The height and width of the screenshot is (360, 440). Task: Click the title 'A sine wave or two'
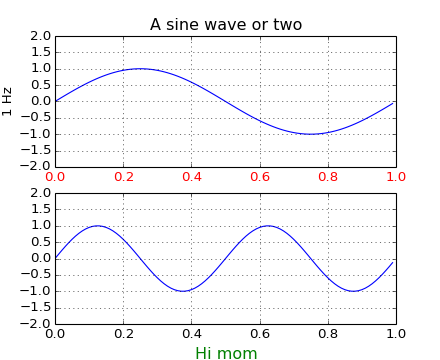click(226, 24)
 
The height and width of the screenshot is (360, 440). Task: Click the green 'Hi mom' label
click(226, 353)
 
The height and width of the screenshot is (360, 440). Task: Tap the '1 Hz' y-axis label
click(8, 101)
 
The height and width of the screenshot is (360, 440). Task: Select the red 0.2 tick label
click(123, 177)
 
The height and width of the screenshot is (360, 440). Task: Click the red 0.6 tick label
click(260, 177)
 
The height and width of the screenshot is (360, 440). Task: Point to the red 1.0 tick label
click(396, 177)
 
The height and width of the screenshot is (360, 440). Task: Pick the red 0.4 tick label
click(192, 177)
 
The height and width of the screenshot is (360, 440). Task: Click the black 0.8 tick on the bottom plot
click(328, 334)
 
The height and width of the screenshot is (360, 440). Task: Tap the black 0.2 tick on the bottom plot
click(123, 334)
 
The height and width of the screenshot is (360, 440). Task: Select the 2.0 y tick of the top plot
click(40, 36)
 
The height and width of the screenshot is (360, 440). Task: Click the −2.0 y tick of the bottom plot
click(37, 324)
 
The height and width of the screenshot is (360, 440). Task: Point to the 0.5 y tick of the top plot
click(40, 85)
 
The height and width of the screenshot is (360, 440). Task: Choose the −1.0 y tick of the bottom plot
click(37, 291)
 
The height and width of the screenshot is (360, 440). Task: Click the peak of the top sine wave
click(140, 68)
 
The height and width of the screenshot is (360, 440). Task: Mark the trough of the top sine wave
click(311, 134)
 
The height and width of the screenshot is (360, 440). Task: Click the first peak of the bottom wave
click(98, 225)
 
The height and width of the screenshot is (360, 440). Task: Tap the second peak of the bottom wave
click(268, 225)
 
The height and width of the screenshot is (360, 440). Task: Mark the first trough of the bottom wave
click(183, 291)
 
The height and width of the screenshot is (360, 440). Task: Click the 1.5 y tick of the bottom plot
click(40, 209)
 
